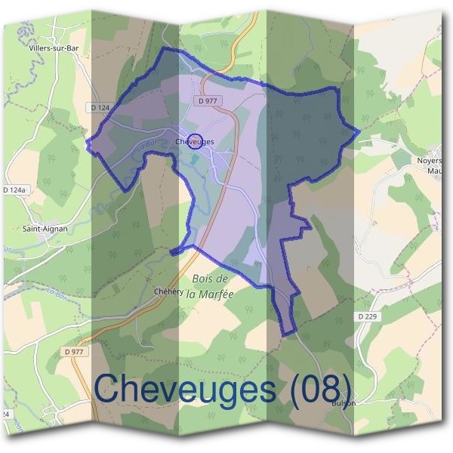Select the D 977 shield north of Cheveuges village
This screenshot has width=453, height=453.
pos(208,100)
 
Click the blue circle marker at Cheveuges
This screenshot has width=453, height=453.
pos(194,141)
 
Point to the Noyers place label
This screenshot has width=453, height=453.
pos(434,161)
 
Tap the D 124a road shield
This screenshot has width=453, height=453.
pos(14,190)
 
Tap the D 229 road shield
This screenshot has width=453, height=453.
pos(368,316)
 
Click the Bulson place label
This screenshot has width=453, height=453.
pos(344,403)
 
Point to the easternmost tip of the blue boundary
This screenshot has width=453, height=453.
pos(359,132)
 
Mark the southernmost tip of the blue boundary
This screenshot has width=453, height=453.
pos(283,334)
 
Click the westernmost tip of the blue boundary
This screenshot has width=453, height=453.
pos(86,141)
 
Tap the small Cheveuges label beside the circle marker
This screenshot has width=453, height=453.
pos(193,141)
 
